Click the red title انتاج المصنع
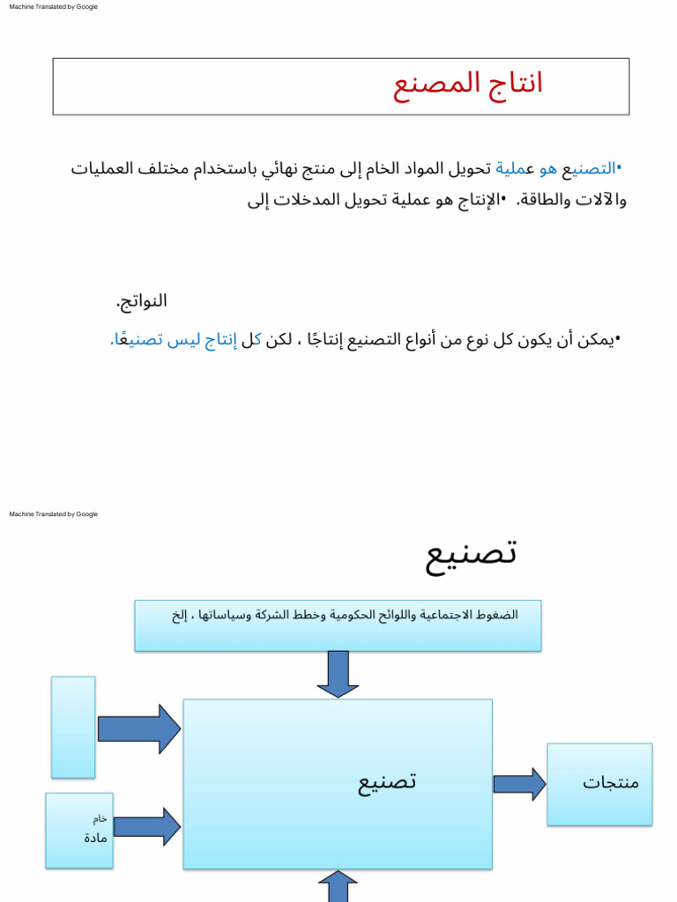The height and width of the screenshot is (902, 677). tap(467, 84)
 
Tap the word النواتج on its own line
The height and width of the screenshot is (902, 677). tap(142, 301)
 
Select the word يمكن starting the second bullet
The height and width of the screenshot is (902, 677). tap(599, 340)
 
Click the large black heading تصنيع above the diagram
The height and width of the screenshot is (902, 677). tap(471, 553)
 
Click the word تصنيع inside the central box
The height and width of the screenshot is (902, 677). tap(386, 781)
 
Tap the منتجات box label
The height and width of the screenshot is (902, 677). tap(610, 782)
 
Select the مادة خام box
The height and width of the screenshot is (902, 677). tap(79, 830)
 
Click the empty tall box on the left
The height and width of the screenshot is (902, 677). tap(73, 727)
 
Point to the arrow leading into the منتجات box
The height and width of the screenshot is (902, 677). tap(519, 784)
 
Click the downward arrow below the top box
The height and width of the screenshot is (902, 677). tap(338, 674)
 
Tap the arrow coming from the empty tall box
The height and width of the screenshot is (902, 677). tap(138, 728)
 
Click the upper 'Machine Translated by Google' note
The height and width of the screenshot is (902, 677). tap(53, 7)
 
